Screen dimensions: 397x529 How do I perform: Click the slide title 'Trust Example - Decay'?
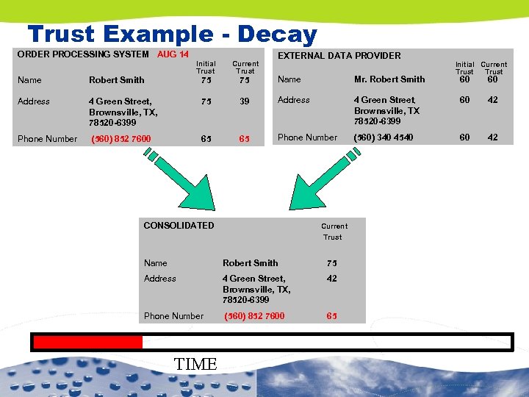[172, 34]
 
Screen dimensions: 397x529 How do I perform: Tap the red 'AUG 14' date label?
[173, 54]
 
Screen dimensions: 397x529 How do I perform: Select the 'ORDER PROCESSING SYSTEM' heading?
[83, 54]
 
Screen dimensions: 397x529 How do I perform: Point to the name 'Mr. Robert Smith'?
[389, 79]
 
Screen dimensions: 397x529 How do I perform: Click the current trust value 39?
[245, 101]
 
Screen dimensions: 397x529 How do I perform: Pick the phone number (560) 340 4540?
[384, 137]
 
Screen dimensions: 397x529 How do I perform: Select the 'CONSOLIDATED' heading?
[179, 226]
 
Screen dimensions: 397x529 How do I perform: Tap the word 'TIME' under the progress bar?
[196, 364]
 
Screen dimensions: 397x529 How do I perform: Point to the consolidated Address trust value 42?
[332, 279]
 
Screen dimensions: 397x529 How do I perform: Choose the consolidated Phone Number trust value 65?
[332, 316]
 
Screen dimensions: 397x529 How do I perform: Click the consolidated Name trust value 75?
[332, 263]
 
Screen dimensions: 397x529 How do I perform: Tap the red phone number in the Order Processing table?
[120, 139]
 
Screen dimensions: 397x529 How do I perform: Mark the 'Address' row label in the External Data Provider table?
[294, 100]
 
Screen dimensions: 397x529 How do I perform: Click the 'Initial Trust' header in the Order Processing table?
[206, 68]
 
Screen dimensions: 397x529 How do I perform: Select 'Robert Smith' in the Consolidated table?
[250, 263]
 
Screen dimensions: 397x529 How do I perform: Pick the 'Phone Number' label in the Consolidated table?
[173, 316]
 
